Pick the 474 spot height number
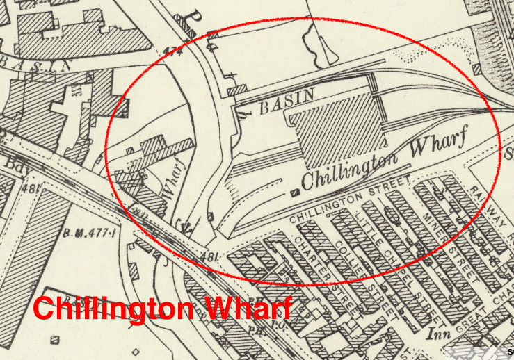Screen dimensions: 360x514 [x=172, y=51]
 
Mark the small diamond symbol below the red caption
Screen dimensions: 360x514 [x=136, y=351]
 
